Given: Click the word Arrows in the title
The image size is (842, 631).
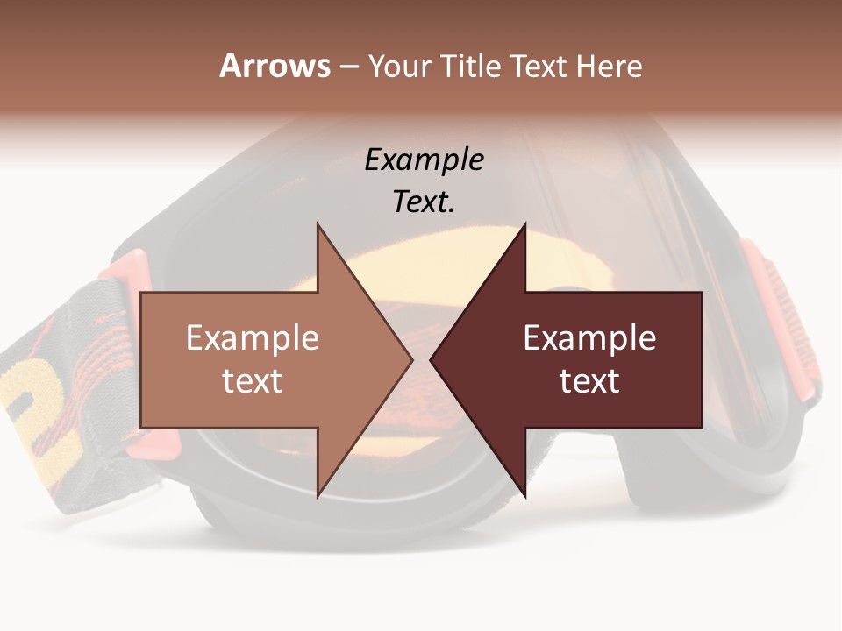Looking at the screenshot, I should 275,66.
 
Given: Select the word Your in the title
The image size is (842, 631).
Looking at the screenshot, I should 399,67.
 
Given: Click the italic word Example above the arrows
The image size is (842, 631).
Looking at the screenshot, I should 424,160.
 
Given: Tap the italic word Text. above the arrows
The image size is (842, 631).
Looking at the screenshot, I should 424,202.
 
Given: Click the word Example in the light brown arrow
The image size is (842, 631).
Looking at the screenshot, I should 253,338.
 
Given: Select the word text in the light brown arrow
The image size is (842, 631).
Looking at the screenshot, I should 253,381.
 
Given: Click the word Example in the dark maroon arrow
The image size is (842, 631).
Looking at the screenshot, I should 589,338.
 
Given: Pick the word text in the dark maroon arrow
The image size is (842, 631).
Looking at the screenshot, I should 589,381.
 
